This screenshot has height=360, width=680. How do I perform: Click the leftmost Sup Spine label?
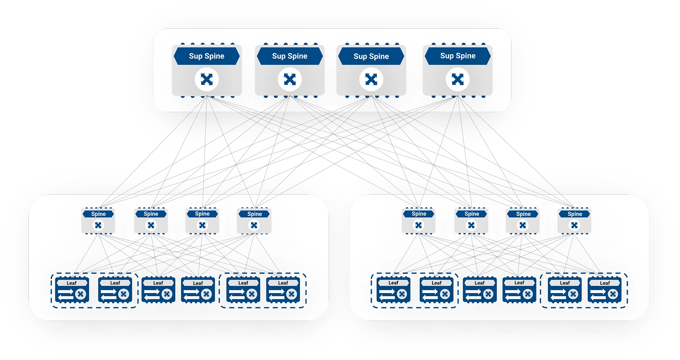point(206,56)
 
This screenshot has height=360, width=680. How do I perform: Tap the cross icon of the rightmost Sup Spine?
point(458,79)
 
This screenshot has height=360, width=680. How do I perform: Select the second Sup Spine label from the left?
point(290,56)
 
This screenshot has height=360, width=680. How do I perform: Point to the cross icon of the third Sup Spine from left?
point(371,79)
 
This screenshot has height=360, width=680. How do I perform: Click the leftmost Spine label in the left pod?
point(98,214)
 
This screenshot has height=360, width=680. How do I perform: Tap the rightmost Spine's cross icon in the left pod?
point(254,225)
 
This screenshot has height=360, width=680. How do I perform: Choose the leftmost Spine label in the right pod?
point(419,214)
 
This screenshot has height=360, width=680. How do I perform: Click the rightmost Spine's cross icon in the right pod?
point(574,225)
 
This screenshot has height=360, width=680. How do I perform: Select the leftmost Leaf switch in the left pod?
point(72,290)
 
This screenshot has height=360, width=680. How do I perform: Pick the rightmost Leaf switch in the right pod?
point(605,290)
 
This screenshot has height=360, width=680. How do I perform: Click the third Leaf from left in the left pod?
point(158,290)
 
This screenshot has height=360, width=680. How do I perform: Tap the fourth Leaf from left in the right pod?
point(519,290)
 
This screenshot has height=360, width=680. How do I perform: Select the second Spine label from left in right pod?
point(471,214)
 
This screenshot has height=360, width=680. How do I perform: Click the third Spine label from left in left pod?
point(202,214)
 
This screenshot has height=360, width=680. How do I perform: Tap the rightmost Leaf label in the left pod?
point(283,283)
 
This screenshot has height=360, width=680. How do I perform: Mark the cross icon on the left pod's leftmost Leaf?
point(81,294)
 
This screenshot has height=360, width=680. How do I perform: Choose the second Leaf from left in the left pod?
point(115,290)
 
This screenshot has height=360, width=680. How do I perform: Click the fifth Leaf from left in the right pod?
point(565,290)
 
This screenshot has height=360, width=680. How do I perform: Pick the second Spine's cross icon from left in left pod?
point(151,225)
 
